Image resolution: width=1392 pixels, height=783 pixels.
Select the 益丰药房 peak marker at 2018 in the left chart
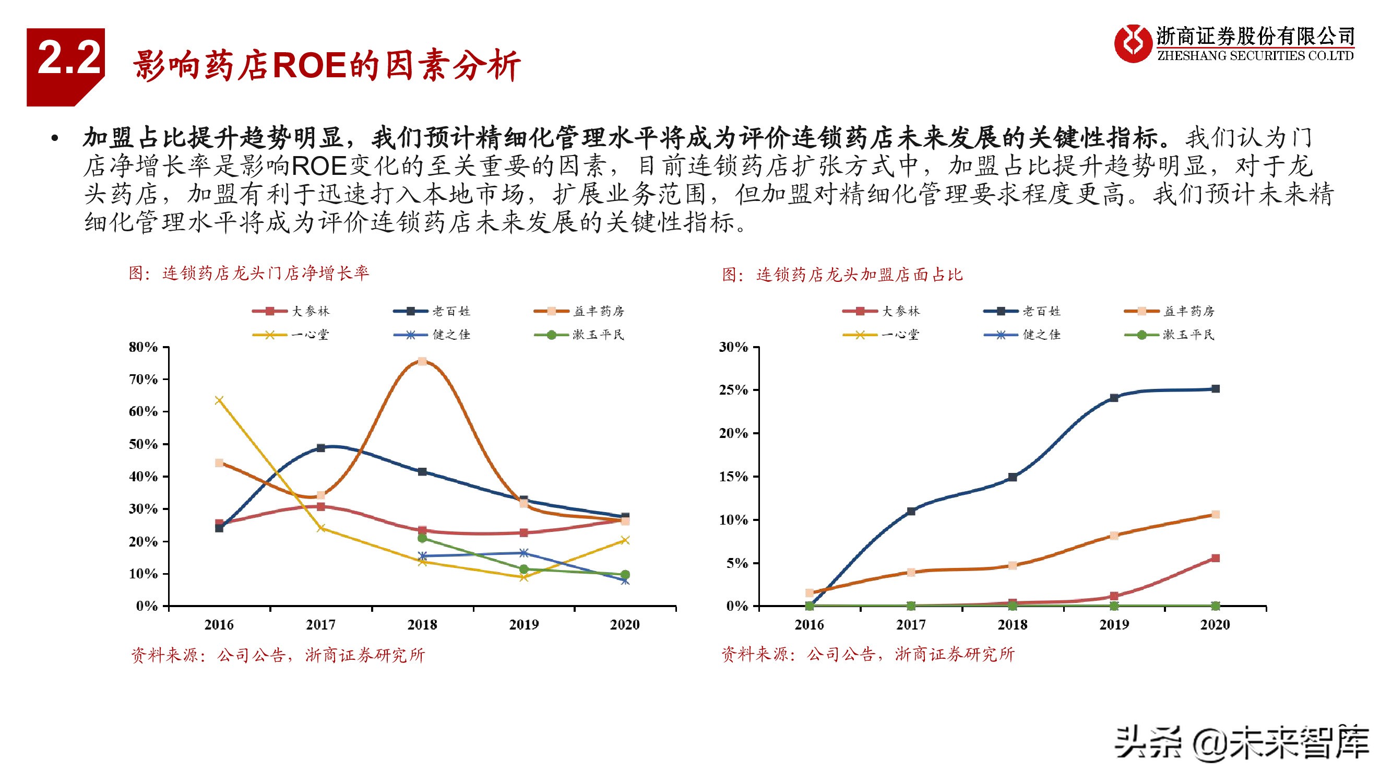coord(423,361)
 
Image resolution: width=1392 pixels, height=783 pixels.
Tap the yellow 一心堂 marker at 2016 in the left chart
coord(219,400)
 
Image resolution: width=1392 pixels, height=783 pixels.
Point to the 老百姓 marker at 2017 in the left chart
coord(320,448)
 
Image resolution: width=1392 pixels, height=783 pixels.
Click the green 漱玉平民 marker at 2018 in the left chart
coord(422,538)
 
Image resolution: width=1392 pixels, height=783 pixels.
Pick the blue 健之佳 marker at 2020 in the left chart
coord(625,581)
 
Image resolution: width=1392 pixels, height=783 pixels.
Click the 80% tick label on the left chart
coord(143,347)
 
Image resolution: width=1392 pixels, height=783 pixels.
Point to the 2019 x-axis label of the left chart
coord(524,625)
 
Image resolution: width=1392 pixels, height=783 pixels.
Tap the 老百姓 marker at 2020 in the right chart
coord(1215,389)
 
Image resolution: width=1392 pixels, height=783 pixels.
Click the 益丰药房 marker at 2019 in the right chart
coord(1114,536)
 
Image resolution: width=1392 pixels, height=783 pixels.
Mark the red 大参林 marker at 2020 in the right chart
coord(1215,558)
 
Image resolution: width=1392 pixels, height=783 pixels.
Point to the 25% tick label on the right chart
coord(733,390)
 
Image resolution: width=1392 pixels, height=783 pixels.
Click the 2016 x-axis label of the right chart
coord(809,625)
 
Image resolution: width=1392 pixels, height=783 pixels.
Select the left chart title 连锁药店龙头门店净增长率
coord(248,273)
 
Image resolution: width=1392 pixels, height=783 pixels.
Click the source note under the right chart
coord(868,655)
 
